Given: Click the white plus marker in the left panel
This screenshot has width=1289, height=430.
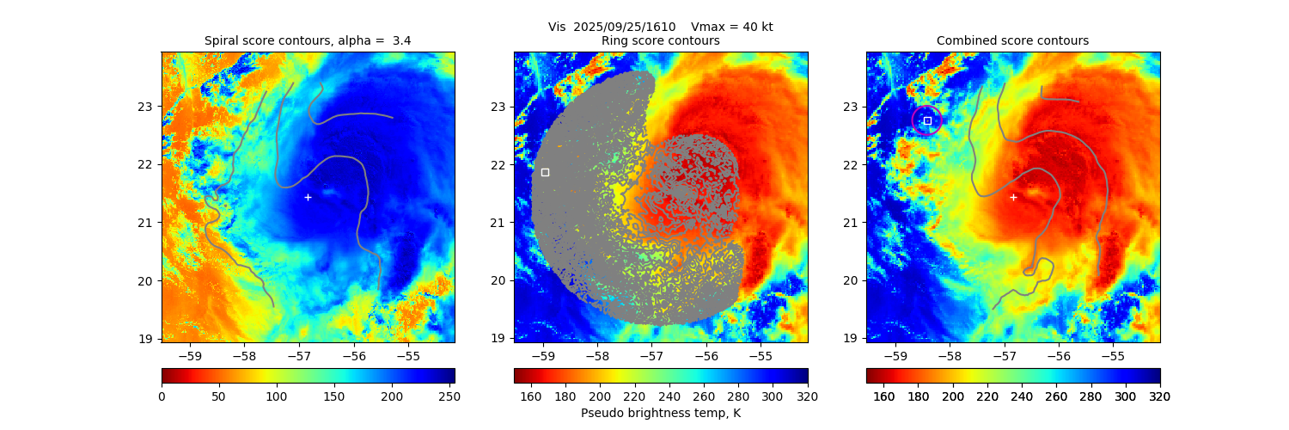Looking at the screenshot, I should [x=308, y=197].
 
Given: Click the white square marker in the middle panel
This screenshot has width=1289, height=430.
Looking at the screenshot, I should [x=545, y=172].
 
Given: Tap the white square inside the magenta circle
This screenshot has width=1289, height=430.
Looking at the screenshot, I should [x=927, y=120].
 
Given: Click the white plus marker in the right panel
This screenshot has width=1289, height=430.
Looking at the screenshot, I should [x=1013, y=197].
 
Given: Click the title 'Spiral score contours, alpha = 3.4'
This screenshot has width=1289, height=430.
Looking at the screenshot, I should [x=308, y=40].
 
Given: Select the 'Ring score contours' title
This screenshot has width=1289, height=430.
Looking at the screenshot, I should [x=661, y=40].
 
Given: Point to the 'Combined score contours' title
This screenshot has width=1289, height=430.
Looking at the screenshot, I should [x=1012, y=40].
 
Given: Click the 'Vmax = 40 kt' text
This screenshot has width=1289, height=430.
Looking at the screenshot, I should [x=732, y=27].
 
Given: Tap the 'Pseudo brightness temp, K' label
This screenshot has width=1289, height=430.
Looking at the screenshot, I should [x=661, y=413].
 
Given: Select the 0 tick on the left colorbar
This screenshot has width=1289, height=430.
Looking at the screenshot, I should [x=162, y=396].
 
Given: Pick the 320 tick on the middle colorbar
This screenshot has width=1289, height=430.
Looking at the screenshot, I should [x=808, y=396].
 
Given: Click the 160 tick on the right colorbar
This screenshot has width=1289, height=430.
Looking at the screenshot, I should [x=883, y=396].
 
